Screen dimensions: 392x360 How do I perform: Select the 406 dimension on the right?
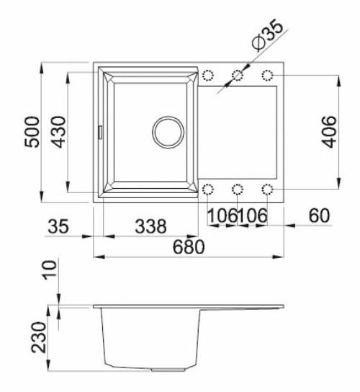[328, 131]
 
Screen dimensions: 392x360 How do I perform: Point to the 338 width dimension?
[151, 226]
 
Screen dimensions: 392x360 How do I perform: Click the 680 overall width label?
[189, 246]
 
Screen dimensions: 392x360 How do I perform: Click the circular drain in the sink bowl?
[167, 131]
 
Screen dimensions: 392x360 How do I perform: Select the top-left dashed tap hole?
[209, 75]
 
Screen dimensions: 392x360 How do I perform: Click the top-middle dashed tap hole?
[238, 75]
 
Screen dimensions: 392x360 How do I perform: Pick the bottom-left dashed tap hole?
[209, 190]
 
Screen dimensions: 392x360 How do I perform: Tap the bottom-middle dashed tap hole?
[238, 190]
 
